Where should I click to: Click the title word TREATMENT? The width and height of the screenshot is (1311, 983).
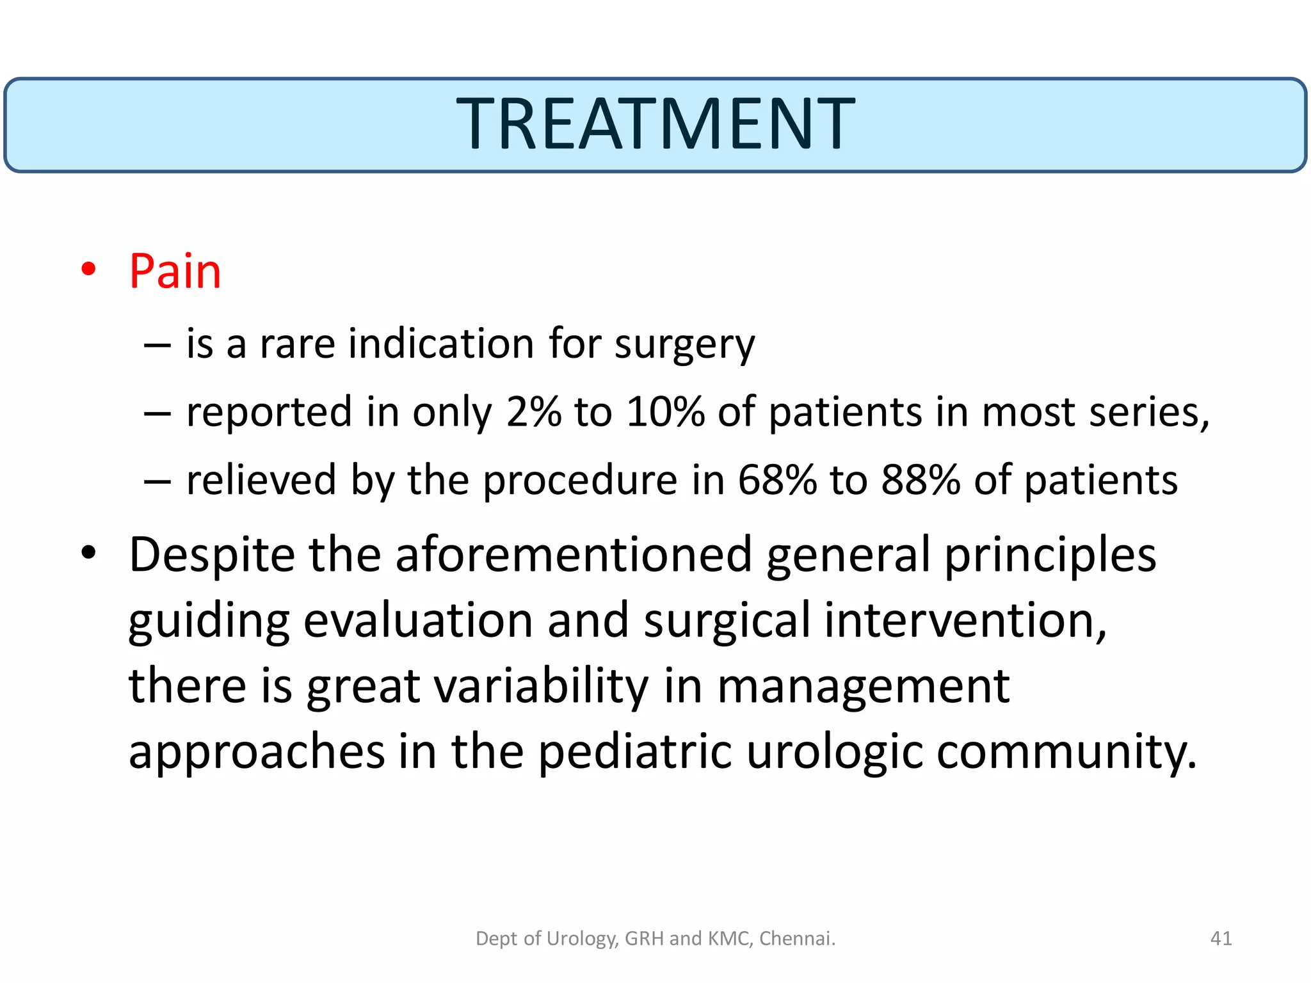click(x=655, y=124)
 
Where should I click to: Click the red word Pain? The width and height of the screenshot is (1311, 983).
click(x=175, y=271)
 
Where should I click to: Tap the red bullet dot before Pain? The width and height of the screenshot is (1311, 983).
click(x=89, y=269)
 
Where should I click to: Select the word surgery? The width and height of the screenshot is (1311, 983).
click(x=684, y=345)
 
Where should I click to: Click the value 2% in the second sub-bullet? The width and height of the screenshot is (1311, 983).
click(x=533, y=412)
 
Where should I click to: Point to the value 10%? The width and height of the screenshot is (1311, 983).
click(x=665, y=412)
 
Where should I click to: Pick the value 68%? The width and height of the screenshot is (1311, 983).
click(x=776, y=479)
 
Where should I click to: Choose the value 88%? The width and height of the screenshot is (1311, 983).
click(x=920, y=479)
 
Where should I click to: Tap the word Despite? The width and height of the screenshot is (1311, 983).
click(x=212, y=555)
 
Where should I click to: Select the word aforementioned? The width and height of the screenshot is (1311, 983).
click(x=573, y=555)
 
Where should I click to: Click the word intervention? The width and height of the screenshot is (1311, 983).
click(x=965, y=620)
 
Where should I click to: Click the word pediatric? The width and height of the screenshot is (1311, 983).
click(x=634, y=751)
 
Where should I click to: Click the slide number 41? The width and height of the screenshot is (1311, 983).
click(x=1221, y=938)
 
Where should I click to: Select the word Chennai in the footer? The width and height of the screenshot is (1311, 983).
click(x=796, y=938)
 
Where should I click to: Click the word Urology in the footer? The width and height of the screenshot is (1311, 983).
click(x=582, y=939)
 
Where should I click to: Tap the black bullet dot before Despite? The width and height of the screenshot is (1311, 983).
click(x=89, y=553)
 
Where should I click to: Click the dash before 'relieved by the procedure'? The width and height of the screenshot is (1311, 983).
click(x=157, y=481)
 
